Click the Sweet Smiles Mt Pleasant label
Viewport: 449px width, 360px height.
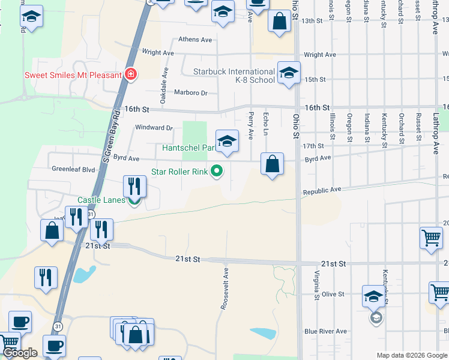(x=72, y=75)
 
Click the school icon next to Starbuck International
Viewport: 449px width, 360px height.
(x=289, y=74)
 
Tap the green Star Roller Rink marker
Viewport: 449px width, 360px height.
(x=216, y=172)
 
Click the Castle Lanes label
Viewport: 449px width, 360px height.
(x=101, y=200)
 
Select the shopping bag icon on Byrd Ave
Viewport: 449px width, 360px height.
(x=273, y=163)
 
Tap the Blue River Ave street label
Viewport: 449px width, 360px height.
(x=325, y=331)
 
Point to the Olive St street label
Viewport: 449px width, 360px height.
(x=333, y=295)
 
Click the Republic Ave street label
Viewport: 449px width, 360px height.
(x=322, y=190)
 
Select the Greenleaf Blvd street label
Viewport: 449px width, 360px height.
(x=73, y=170)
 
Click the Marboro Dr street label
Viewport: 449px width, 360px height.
(x=190, y=93)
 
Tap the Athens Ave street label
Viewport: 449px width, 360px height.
(x=195, y=40)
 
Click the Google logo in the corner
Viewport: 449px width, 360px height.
(x=20, y=353)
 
